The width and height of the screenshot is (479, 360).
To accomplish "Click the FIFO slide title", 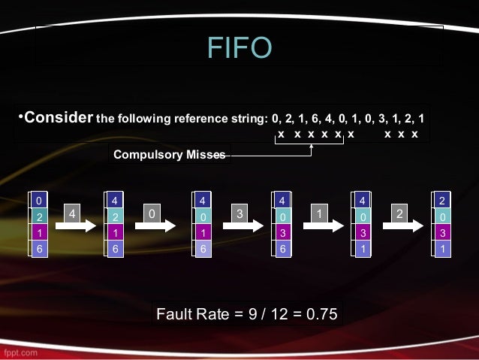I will click(x=239, y=48).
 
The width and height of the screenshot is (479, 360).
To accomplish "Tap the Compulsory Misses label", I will click(x=169, y=155).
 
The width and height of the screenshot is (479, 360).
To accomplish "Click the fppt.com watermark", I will click(x=23, y=351).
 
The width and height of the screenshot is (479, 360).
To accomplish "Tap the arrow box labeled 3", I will click(x=239, y=215).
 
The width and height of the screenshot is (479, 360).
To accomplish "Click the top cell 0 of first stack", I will click(x=39, y=201).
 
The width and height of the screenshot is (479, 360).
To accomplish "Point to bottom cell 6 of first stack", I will click(x=39, y=248).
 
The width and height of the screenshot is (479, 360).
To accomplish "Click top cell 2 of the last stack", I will click(x=442, y=201).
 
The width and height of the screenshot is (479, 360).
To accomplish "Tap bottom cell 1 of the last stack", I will click(x=442, y=248).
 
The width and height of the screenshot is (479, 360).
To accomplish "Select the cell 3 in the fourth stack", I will click(x=282, y=232).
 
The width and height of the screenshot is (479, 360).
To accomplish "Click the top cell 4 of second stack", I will click(x=115, y=201).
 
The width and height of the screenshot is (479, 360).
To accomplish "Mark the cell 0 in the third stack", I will click(x=203, y=216).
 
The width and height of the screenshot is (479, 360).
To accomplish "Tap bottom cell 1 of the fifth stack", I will click(x=363, y=248).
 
